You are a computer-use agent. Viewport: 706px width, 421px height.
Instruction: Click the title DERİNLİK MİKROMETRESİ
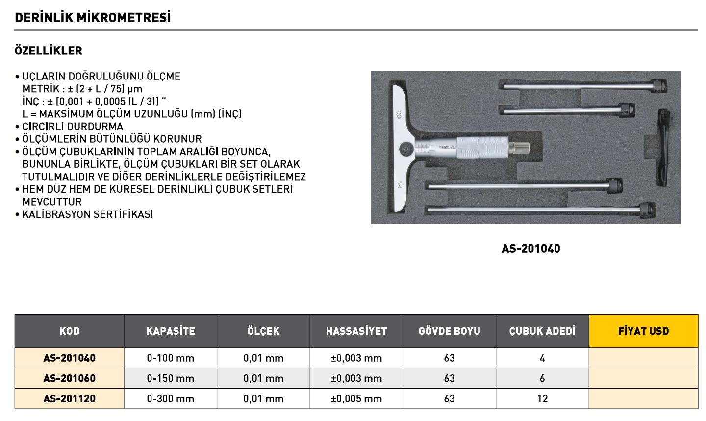pyautogui.click(x=93, y=18)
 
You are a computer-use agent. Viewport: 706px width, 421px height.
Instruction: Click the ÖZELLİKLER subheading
pyautogui.click(x=49, y=51)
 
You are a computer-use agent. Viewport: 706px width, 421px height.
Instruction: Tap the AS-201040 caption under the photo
pyautogui.click(x=530, y=249)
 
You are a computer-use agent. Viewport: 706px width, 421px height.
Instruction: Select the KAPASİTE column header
pyautogui.click(x=170, y=331)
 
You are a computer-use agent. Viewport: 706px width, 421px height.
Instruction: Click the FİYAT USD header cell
pyautogui.click(x=643, y=331)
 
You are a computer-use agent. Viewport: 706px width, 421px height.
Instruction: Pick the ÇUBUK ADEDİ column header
pyautogui.click(x=542, y=331)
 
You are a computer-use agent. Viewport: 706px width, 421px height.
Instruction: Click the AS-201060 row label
pyautogui.click(x=69, y=378)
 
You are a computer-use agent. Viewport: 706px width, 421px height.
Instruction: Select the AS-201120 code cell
pyautogui.click(x=69, y=399)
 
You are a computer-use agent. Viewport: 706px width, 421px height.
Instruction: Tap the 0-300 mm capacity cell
pyautogui.click(x=170, y=399)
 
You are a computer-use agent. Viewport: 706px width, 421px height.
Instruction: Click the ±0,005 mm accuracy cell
pyautogui.click(x=356, y=399)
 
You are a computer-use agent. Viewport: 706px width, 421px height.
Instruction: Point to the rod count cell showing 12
pyautogui.click(x=542, y=399)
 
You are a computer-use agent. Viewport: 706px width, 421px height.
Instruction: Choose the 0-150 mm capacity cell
pyautogui.click(x=170, y=378)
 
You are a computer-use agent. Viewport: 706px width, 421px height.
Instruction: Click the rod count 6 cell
pyautogui.click(x=542, y=378)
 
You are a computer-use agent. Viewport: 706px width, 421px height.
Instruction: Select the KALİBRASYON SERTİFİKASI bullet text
pyautogui.click(x=87, y=214)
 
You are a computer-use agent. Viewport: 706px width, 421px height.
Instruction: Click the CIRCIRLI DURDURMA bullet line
pyautogui.click(x=73, y=127)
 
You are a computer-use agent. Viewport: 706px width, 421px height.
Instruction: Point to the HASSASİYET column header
pyautogui.click(x=356, y=331)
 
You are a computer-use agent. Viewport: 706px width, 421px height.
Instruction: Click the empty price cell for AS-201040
pyautogui.click(x=643, y=358)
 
